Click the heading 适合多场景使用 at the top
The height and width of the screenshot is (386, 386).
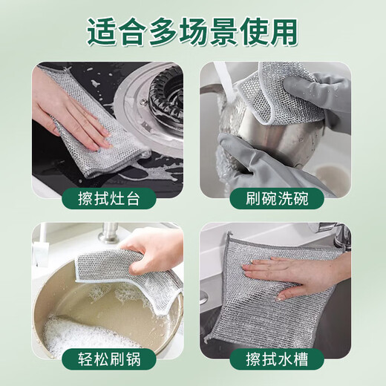tap(193, 31)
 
